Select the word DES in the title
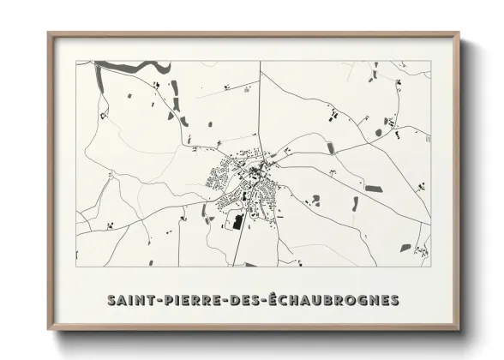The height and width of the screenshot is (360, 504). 243,301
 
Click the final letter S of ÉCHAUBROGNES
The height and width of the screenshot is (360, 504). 393,301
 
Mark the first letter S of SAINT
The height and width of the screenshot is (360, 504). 112,301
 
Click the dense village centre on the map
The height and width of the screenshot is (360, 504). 255,175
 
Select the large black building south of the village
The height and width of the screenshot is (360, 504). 237,222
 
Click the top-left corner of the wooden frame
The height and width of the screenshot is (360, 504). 48,33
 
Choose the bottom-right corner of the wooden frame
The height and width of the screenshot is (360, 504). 459,331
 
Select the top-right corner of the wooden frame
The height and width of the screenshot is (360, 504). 459,33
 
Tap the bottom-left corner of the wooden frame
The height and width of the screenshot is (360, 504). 48,331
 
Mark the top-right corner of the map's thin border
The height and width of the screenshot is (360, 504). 430,61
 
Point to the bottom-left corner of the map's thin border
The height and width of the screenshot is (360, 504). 76,267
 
